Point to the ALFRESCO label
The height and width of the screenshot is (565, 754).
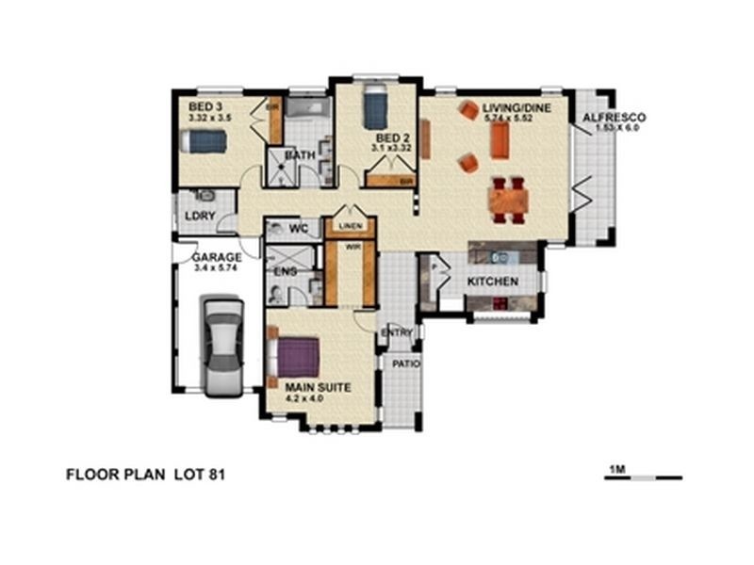[613, 118]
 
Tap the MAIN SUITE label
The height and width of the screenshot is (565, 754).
[319, 387]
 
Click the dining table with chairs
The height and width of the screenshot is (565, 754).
[508, 199]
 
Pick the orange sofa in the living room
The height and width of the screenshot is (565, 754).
[499, 140]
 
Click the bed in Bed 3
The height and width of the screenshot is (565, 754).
[204, 141]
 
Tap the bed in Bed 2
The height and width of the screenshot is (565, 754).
[374, 107]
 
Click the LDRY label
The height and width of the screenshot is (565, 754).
[201, 216]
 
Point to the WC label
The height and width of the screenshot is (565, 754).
[300, 229]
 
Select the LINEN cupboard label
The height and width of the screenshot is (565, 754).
[350, 227]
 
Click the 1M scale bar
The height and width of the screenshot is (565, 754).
[643, 477]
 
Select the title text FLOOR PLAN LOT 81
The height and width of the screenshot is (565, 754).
[145, 475]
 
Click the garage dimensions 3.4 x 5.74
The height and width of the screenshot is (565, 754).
[217, 268]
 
